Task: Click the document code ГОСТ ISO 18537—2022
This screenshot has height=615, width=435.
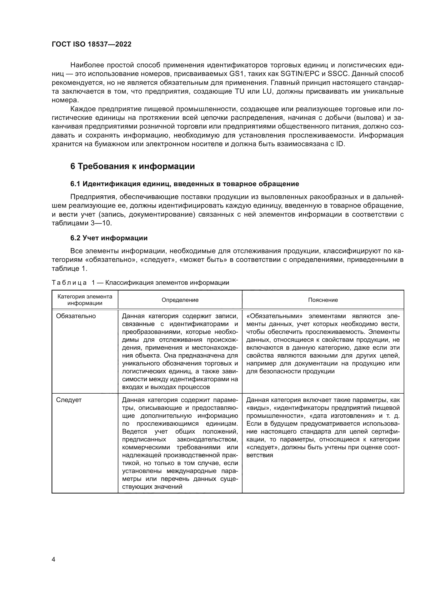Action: coord(91,44)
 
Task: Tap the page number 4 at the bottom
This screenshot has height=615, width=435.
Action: coord(53,559)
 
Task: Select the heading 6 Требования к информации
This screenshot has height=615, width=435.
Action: coord(132,166)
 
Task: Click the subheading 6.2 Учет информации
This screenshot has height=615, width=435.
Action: coord(109,238)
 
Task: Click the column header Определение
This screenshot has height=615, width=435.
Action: coord(180,300)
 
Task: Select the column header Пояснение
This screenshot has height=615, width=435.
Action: coord(323,300)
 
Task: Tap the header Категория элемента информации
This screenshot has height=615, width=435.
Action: coord(85,300)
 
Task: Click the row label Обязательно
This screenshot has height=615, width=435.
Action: coord(76,316)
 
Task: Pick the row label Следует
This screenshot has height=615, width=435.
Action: coord(69,400)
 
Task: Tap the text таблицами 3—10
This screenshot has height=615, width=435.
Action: coord(82,223)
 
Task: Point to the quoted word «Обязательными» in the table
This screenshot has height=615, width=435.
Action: coord(274,316)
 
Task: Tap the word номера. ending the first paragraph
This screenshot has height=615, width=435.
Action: coord(65,100)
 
